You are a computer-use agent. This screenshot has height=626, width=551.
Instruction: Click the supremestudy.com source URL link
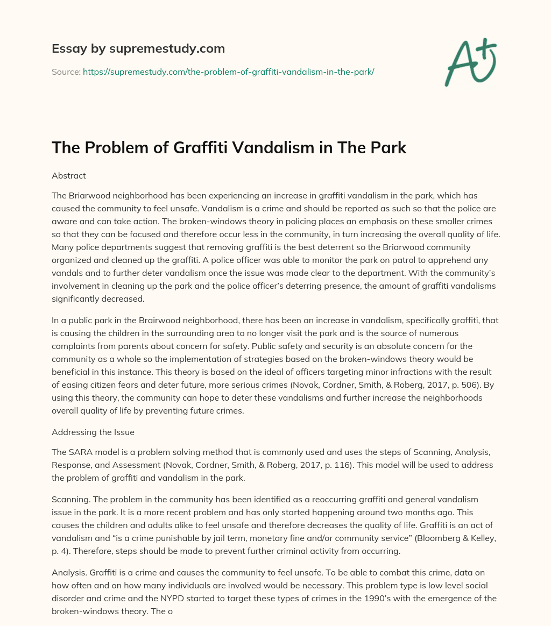tap(228, 72)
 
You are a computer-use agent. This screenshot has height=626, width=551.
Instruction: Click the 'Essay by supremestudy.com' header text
tap(138, 49)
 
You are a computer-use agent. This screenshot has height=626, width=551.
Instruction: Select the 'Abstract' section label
tap(69, 175)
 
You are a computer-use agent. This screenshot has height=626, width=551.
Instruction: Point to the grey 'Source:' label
tap(66, 72)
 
